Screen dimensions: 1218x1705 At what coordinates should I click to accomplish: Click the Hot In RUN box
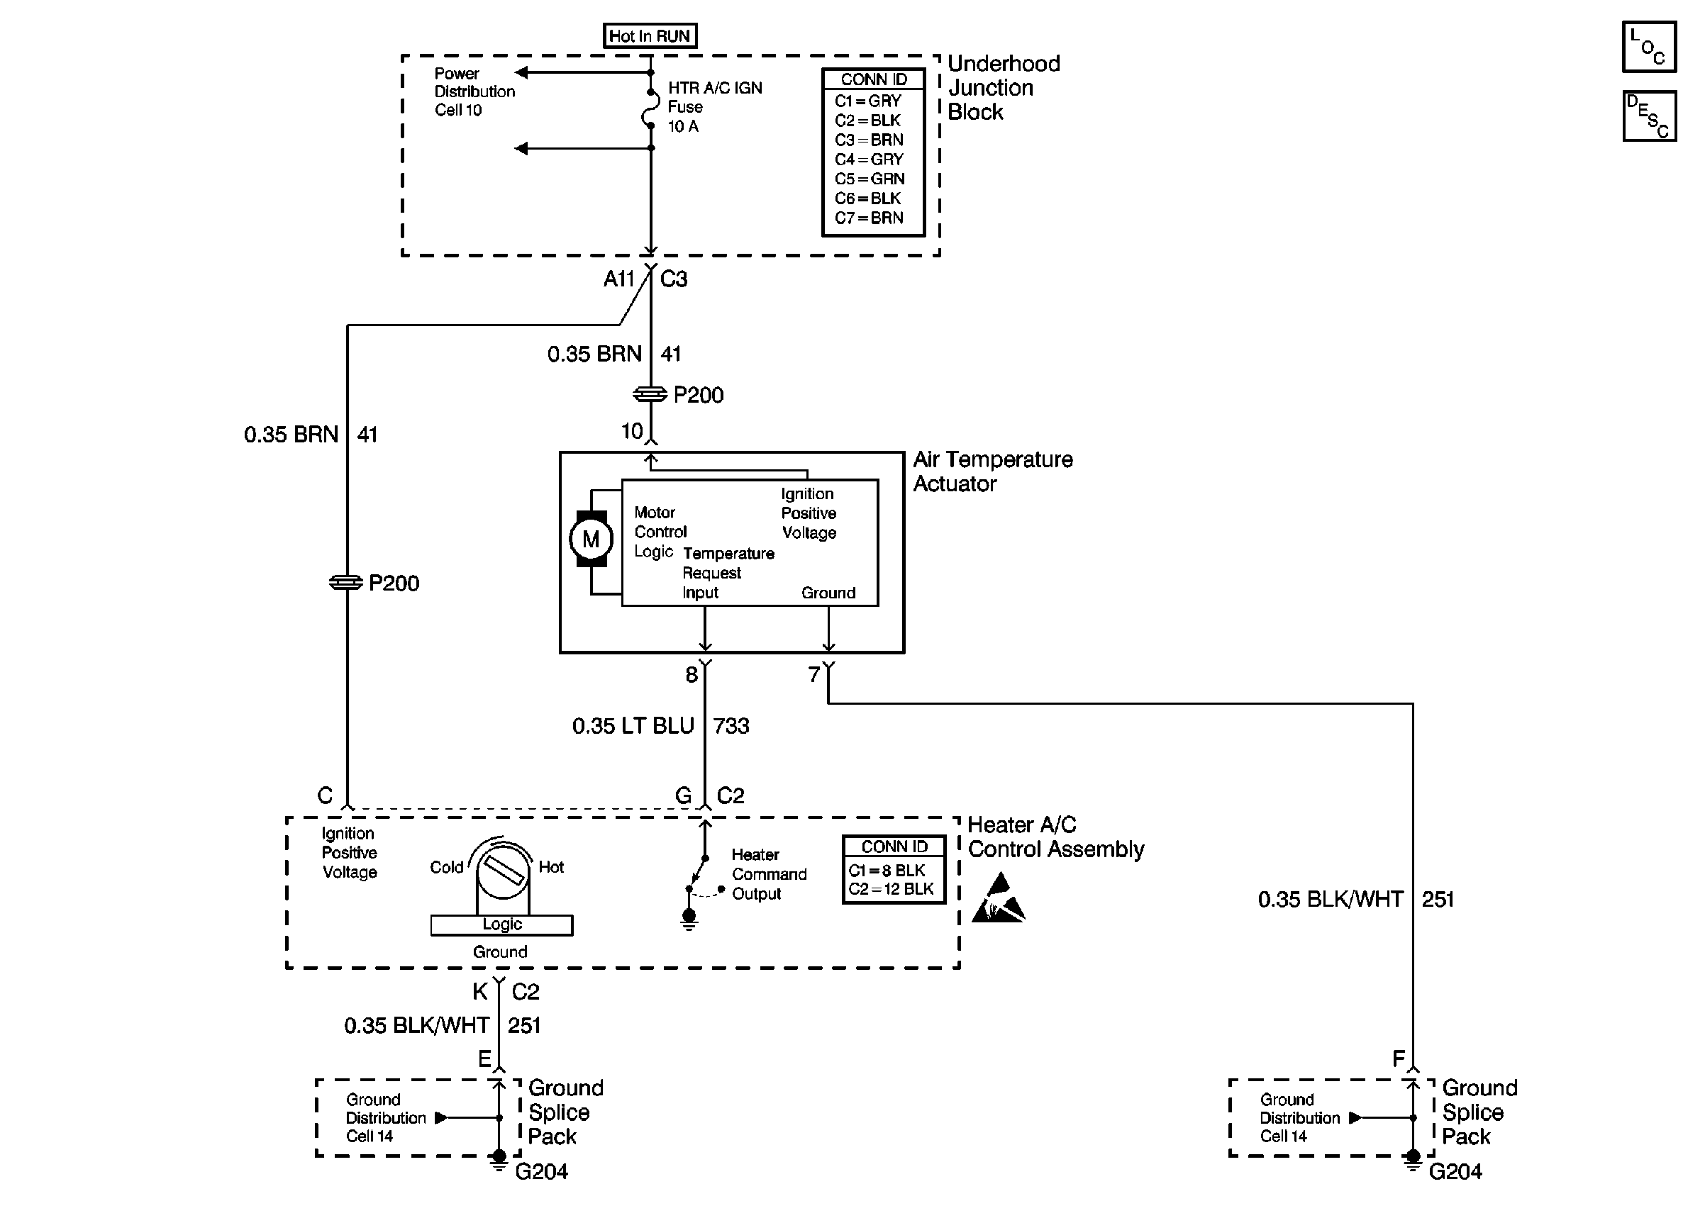point(650,36)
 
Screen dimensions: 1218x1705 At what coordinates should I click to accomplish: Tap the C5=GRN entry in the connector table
point(870,179)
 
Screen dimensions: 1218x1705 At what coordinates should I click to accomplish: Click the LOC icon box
point(1649,48)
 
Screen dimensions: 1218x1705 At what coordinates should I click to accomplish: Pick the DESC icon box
point(1649,116)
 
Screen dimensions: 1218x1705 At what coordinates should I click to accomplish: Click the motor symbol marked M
point(590,540)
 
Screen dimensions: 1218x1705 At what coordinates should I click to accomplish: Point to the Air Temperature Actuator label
point(992,471)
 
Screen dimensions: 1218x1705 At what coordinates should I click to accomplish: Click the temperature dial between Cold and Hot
point(502,871)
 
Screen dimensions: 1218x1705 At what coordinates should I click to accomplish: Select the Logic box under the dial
point(502,924)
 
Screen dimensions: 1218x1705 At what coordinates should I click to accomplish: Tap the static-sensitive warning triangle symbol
point(999,898)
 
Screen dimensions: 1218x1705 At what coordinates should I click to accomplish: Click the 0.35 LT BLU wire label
point(633,726)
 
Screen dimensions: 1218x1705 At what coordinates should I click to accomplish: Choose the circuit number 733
point(731,726)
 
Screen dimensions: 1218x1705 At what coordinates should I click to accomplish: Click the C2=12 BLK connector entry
point(891,890)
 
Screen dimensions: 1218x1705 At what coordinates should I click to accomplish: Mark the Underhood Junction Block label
point(1003,88)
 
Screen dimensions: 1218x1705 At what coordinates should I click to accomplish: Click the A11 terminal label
point(619,279)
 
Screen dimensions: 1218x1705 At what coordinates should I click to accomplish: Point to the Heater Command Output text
point(769,874)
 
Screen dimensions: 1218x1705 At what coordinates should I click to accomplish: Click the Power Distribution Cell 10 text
point(474,91)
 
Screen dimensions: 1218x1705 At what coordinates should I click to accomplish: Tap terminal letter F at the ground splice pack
point(1399,1059)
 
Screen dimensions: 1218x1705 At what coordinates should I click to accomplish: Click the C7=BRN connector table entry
point(870,218)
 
